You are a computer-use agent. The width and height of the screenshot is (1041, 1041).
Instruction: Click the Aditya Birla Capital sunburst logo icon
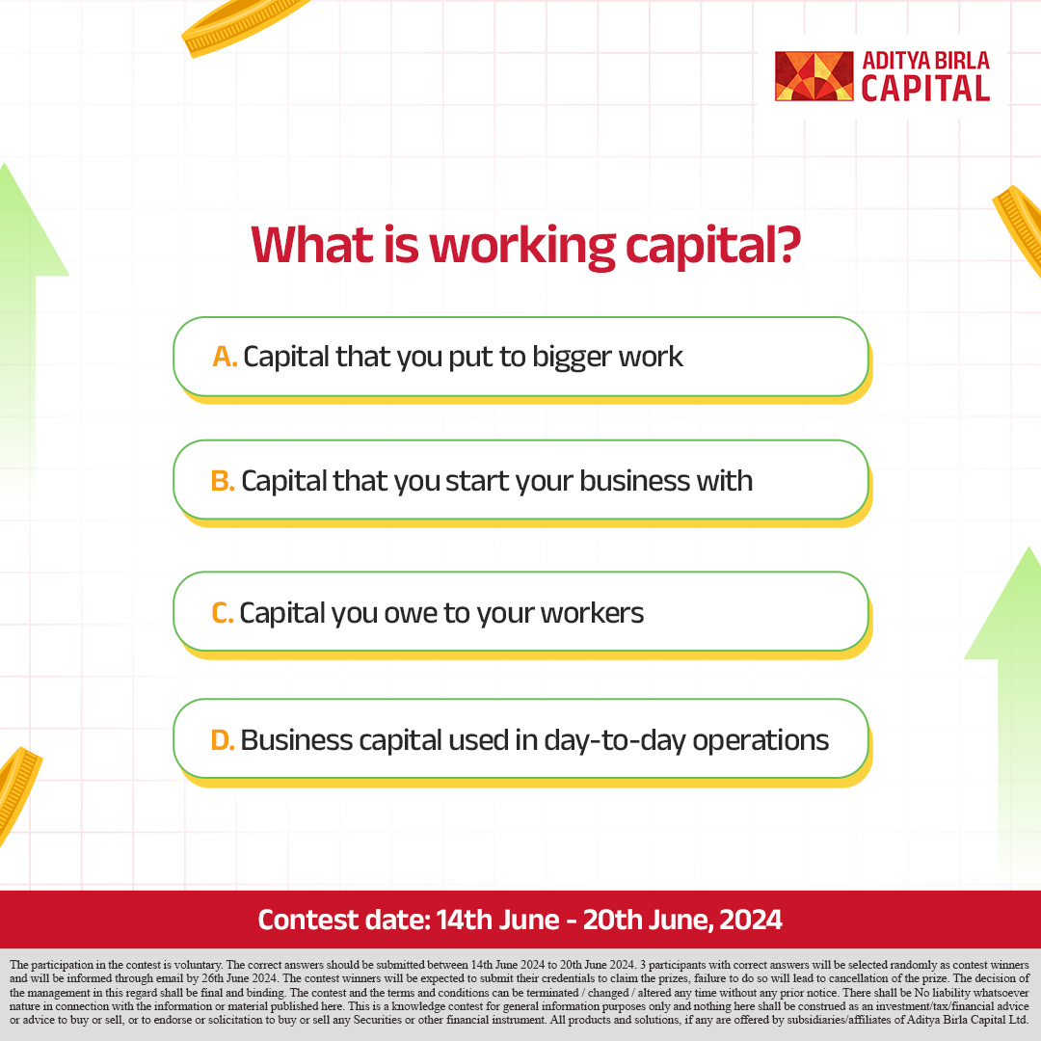814,76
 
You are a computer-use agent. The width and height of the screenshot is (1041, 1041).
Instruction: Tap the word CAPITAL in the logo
925,89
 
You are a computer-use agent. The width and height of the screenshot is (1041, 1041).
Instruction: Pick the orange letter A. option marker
225,357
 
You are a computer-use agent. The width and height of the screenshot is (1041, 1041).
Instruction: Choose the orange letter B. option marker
223,481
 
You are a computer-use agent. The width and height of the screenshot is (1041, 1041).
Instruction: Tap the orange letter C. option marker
223,612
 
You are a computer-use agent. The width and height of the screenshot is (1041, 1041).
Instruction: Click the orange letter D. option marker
223,740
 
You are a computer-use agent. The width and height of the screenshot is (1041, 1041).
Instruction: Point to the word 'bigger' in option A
559,359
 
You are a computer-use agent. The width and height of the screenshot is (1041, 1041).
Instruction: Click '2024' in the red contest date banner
749,920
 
